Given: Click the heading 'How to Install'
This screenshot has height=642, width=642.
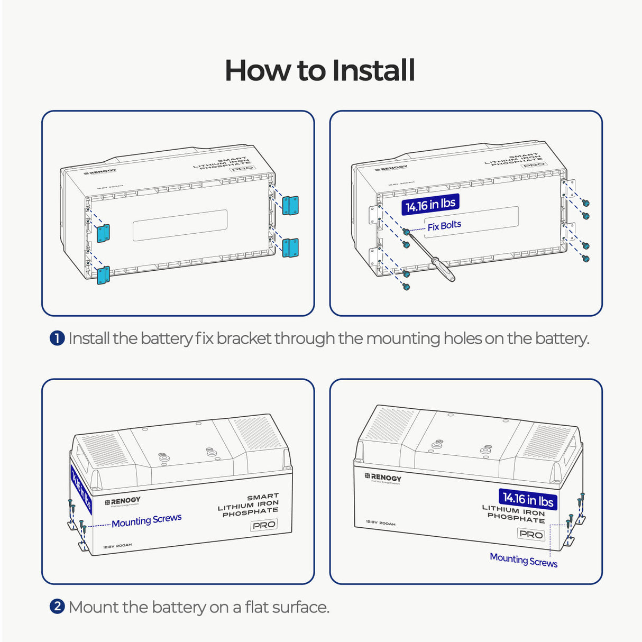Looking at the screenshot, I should pyautogui.click(x=320, y=70).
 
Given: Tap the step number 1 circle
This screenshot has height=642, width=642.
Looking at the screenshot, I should pyautogui.click(x=57, y=338).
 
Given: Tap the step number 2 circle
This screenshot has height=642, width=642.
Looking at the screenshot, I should pyautogui.click(x=57, y=606).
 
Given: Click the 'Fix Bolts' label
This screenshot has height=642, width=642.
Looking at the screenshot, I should pyautogui.click(x=444, y=225).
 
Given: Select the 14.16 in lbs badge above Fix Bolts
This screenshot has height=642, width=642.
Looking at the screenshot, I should pyautogui.click(x=430, y=204).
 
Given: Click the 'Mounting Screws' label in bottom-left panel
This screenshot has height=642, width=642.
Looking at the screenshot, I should pyautogui.click(x=146, y=520).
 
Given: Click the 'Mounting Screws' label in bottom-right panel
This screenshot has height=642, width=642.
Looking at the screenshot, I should pyautogui.click(x=524, y=560).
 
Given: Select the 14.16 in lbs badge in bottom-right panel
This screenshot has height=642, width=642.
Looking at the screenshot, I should pyautogui.click(x=528, y=499).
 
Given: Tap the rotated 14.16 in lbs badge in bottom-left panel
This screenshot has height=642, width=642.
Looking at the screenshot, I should pyautogui.click(x=81, y=490).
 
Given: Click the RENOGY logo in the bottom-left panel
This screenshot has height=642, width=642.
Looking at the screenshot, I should pyautogui.click(x=123, y=501).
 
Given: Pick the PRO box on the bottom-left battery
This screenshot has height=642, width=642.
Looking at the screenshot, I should pyautogui.click(x=264, y=525).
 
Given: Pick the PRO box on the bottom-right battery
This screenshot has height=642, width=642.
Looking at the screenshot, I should pyautogui.click(x=531, y=534).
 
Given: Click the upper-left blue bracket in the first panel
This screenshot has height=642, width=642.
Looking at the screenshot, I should pyautogui.click(x=103, y=233).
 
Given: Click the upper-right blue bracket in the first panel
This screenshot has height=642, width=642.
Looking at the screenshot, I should pyautogui.click(x=290, y=205).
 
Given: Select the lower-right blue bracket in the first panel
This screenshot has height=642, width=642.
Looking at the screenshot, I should pyautogui.click(x=290, y=247).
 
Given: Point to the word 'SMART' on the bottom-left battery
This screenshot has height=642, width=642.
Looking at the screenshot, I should pyautogui.click(x=263, y=497).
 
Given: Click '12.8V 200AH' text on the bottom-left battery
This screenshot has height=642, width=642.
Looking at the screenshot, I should pyautogui.click(x=117, y=545).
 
